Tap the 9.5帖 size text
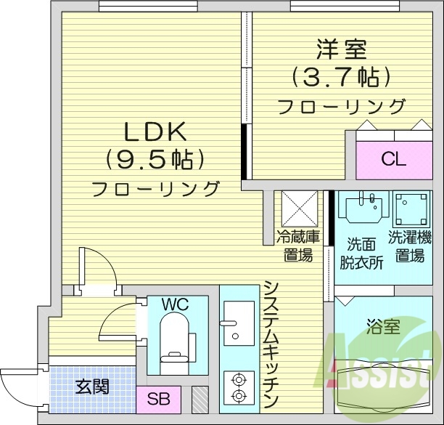(x=155, y=158)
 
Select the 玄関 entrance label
(x=92, y=386)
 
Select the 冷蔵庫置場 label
(x=297, y=245)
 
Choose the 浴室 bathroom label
(x=382, y=326)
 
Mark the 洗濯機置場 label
(x=411, y=245)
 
